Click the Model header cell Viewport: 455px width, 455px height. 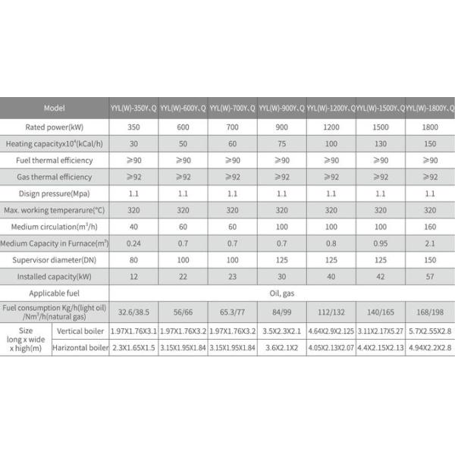[55, 108]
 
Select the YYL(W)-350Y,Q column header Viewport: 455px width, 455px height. [133, 108]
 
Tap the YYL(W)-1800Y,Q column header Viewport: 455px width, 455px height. [430, 108]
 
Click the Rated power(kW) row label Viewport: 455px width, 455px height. [55, 125]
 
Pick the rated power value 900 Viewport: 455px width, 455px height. [281, 125]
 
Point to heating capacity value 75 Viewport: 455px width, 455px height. [281, 143]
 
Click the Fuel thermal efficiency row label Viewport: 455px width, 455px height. [55, 159]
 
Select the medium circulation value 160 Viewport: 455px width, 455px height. [430, 227]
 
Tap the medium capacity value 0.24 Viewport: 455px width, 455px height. [133, 243]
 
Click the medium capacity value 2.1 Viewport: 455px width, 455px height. [430, 243]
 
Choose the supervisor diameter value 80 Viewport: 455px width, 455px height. [133, 260]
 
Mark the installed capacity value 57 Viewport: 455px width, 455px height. [430, 277]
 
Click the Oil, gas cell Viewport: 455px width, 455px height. [281, 293]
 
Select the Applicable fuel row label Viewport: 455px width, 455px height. [55, 293]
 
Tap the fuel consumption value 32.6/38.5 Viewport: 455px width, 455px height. [133, 312]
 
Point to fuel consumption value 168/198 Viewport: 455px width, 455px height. [430, 312]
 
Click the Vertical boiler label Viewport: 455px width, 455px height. [80, 331]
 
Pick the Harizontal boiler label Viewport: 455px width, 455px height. [80, 349]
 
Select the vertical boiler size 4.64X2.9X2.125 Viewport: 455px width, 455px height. [331, 331]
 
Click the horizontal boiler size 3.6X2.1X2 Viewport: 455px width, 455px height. [281, 349]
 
